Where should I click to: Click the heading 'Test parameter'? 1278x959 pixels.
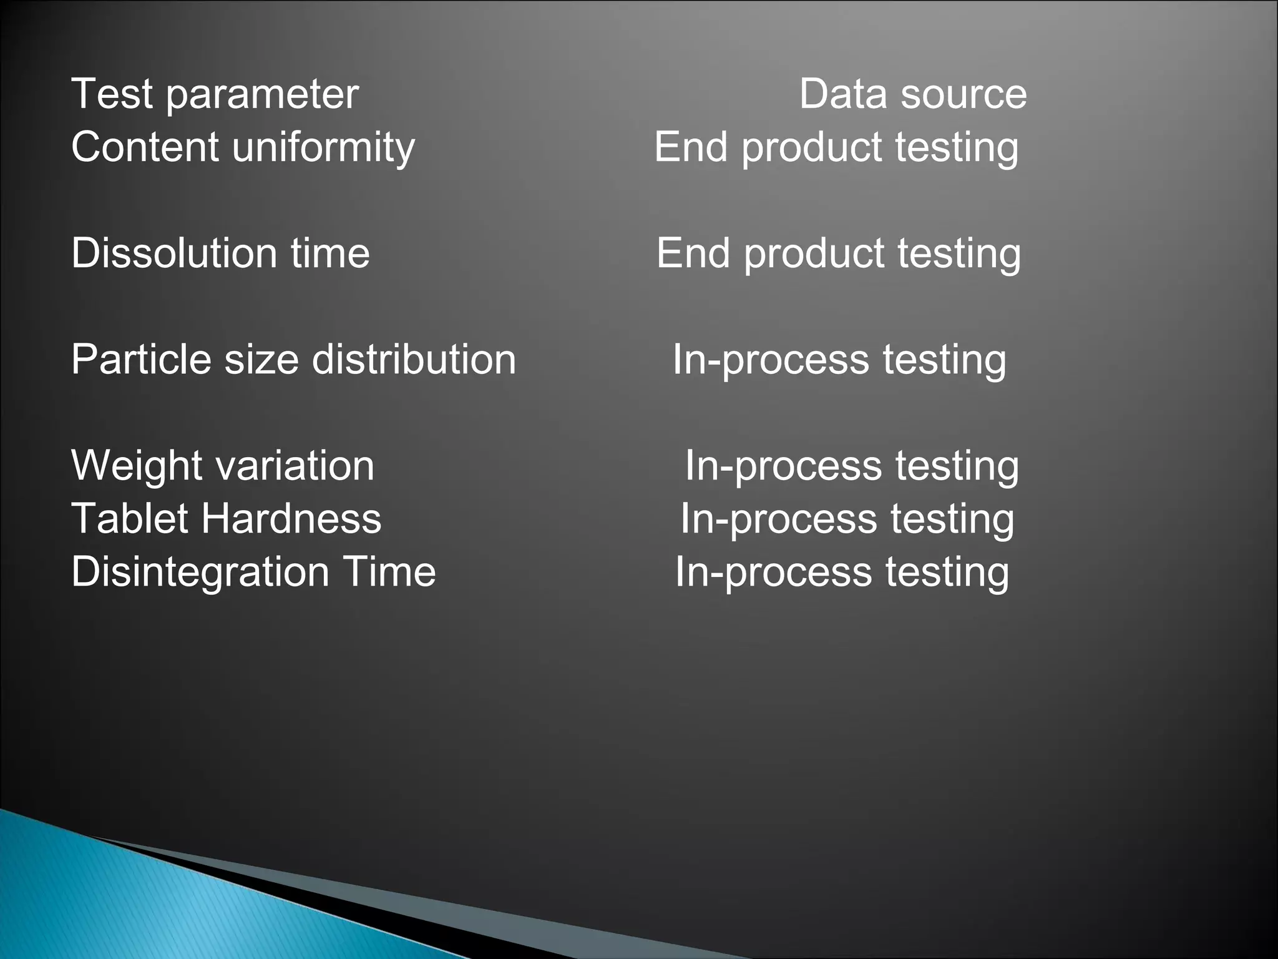[215, 95]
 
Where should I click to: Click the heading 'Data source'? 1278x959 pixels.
[912, 95]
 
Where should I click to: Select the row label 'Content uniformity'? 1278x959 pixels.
[243, 148]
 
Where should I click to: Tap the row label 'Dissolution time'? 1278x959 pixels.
[220, 253]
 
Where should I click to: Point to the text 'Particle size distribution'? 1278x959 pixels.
[293, 360]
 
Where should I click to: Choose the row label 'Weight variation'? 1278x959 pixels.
[223, 466]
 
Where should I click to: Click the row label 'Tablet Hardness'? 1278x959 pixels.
[226, 519]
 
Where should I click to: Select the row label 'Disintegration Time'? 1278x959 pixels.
[253, 572]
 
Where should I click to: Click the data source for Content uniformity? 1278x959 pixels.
[836, 148]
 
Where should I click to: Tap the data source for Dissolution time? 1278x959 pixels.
[838, 254]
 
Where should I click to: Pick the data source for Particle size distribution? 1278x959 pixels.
[839, 360]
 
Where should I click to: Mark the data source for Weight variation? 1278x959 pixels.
[852, 466]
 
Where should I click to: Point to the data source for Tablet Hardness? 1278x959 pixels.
[847, 519]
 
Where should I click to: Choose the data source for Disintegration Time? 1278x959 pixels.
[842, 572]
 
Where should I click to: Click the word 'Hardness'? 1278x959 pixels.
[291, 519]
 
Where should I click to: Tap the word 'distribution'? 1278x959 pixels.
[414, 360]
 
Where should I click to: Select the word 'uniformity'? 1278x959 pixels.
[323, 148]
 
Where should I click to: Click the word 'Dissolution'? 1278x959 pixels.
[174, 253]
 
